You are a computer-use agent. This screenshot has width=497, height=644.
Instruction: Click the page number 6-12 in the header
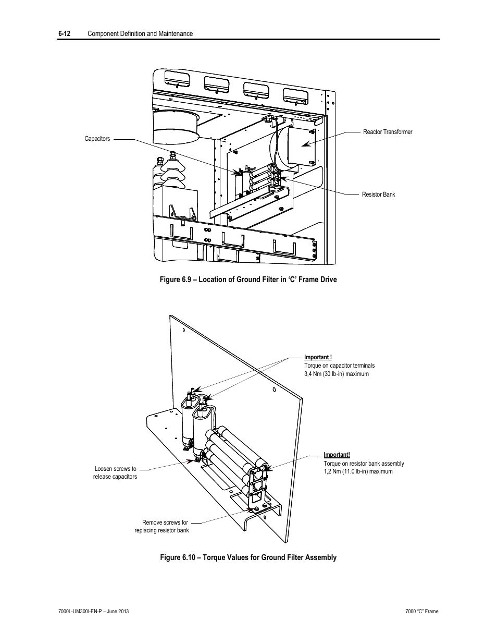(x=64, y=33)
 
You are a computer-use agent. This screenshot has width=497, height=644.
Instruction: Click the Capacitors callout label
(x=97, y=139)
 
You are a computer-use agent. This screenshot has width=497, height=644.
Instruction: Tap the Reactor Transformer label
(x=388, y=132)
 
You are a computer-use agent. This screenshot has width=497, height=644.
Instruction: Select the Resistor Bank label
(x=378, y=195)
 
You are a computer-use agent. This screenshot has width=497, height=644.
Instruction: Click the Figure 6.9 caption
(x=248, y=280)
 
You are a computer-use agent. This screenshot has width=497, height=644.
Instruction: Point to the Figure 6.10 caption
(x=248, y=557)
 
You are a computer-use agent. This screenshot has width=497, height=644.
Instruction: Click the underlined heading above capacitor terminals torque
(x=318, y=357)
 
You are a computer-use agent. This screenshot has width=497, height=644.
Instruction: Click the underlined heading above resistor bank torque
(x=337, y=455)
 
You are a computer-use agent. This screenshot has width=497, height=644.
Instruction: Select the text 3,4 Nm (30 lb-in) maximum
(x=337, y=374)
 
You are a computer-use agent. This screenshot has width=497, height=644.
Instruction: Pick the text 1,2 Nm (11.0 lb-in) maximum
(x=358, y=471)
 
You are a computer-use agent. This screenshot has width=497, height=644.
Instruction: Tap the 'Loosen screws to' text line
(x=116, y=469)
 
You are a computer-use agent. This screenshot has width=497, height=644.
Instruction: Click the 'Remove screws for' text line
(x=165, y=522)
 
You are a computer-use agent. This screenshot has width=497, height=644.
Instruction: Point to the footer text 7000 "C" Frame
(x=422, y=611)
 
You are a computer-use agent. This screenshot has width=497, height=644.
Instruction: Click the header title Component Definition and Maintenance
(x=140, y=33)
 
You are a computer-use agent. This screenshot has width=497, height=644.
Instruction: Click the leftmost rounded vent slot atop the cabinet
(x=177, y=80)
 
